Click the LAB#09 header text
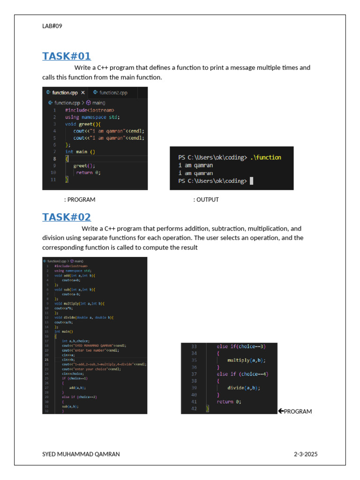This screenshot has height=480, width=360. (x=52, y=26)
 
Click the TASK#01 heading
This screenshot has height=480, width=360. (x=66, y=56)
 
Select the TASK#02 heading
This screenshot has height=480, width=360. (x=66, y=217)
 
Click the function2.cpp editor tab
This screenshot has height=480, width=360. (x=113, y=93)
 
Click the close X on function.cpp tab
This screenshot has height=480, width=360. (x=83, y=93)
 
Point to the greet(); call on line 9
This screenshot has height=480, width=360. (x=84, y=165)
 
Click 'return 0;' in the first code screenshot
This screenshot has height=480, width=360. (x=88, y=172)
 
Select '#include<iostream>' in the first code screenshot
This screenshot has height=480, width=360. (x=90, y=110)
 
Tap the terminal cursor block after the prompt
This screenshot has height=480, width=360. (x=252, y=180)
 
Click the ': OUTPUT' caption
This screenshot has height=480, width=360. (x=206, y=200)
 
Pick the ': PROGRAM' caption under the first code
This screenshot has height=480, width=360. (x=80, y=200)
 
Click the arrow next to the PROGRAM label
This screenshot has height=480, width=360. (x=280, y=411)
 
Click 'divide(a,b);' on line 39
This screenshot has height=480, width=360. (x=244, y=388)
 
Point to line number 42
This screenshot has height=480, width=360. (x=194, y=408)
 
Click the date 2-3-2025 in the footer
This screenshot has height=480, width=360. (x=306, y=454)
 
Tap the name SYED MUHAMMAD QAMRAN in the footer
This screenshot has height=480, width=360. (x=81, y=454)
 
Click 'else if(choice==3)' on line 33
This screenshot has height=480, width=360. (x=241, y=346)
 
